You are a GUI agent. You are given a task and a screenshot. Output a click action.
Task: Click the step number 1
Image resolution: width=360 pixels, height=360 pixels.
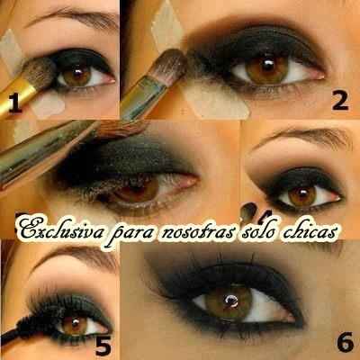coord(15,103)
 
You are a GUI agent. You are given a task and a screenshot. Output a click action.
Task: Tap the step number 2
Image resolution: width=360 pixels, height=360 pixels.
coord(340,101)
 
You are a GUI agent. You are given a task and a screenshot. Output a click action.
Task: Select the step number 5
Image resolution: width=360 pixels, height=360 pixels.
coord(103,345)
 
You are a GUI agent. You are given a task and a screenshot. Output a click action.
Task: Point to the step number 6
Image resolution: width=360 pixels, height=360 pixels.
coord(345,342)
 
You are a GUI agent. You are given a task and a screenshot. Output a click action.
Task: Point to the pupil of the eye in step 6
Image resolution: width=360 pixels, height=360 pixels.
coord(230,301)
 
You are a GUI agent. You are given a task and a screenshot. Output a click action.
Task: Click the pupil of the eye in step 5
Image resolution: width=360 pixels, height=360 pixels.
coord(75,323)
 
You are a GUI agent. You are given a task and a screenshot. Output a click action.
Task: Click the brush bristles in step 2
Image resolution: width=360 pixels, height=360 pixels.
coord(170,67)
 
